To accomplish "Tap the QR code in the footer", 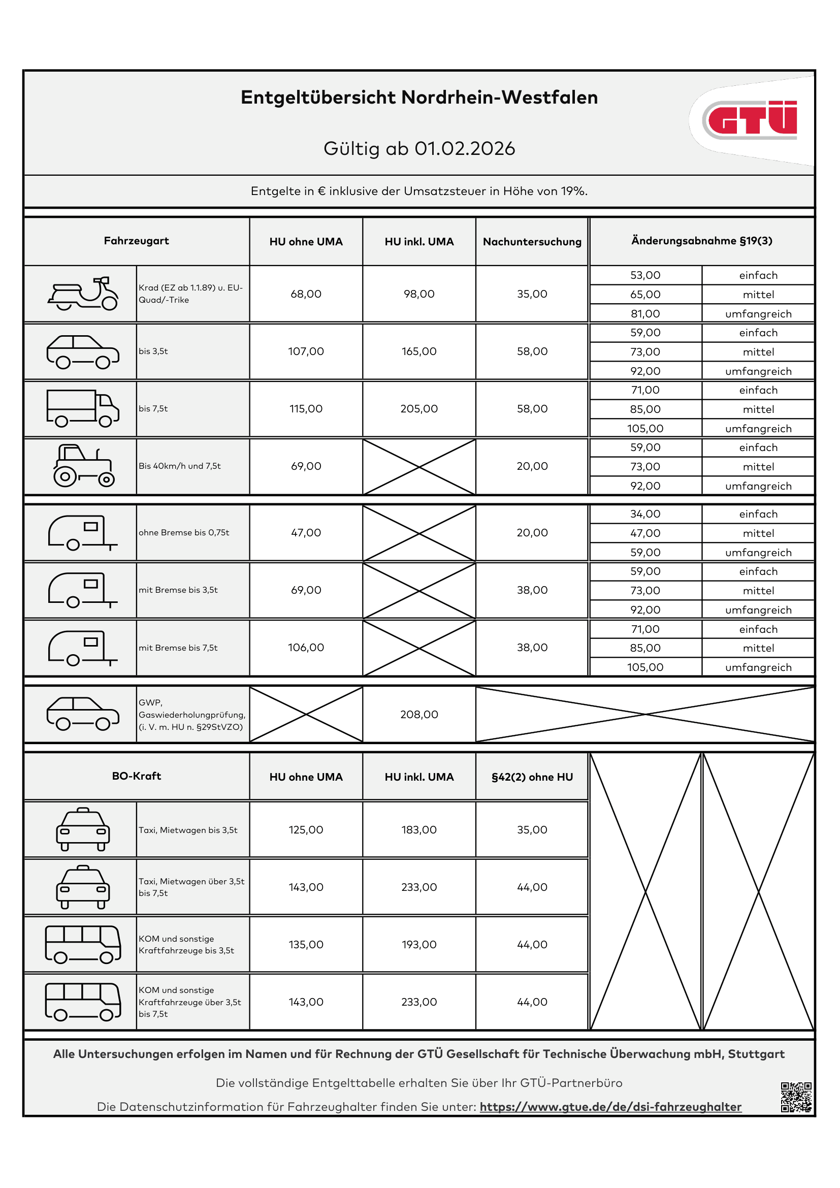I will [x=796, y=1097].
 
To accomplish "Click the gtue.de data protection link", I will [x=610, y=1107].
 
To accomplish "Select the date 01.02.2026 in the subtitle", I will [x=465, y=149].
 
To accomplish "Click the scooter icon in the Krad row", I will [x=83, y=294].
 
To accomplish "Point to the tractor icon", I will [x=83, y=466].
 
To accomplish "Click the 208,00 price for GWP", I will [x=419, y=715].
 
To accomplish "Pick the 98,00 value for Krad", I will [x=419, y=294].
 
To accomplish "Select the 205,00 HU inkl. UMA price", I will [x=419, y=409].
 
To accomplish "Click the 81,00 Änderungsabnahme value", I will [x=645, y=313].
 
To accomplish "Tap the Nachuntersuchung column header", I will [x=532, y=242].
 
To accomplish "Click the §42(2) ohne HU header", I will [x=532, y=777].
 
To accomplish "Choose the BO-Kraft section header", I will [x=137, y=776].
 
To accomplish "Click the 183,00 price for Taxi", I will [x=419, y=830].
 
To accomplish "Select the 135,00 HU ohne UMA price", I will [x=306, y=945].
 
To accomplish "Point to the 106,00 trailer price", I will [x=306, y=647].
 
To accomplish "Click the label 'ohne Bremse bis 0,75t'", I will [x=184, y=532].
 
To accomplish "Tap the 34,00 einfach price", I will [x=645, y=514].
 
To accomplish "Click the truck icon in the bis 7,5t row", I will [x=83, y=408].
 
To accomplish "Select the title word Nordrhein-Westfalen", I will [x=499, y=98].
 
